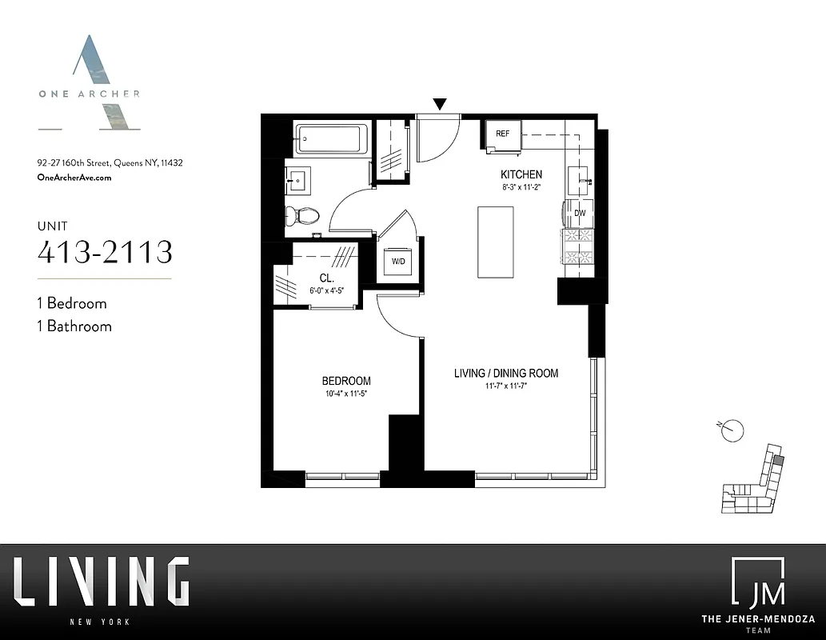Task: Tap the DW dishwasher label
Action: (581, 213)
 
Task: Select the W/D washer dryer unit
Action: (397, 262)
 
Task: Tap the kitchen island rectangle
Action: (496, 242)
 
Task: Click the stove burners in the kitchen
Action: (580, 246)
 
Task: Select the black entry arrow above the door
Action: (439, 104)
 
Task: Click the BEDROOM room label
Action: (346, 381)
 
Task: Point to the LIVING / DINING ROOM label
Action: (506, 373)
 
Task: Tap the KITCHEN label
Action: (521, 174)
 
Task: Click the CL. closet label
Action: (325, 278)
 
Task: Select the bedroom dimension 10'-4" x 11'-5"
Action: (346, 394)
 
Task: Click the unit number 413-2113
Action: (105, 252)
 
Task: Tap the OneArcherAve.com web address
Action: (74, 178)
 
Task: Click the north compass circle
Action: (732, 431)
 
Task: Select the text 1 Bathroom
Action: (74, 326)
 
